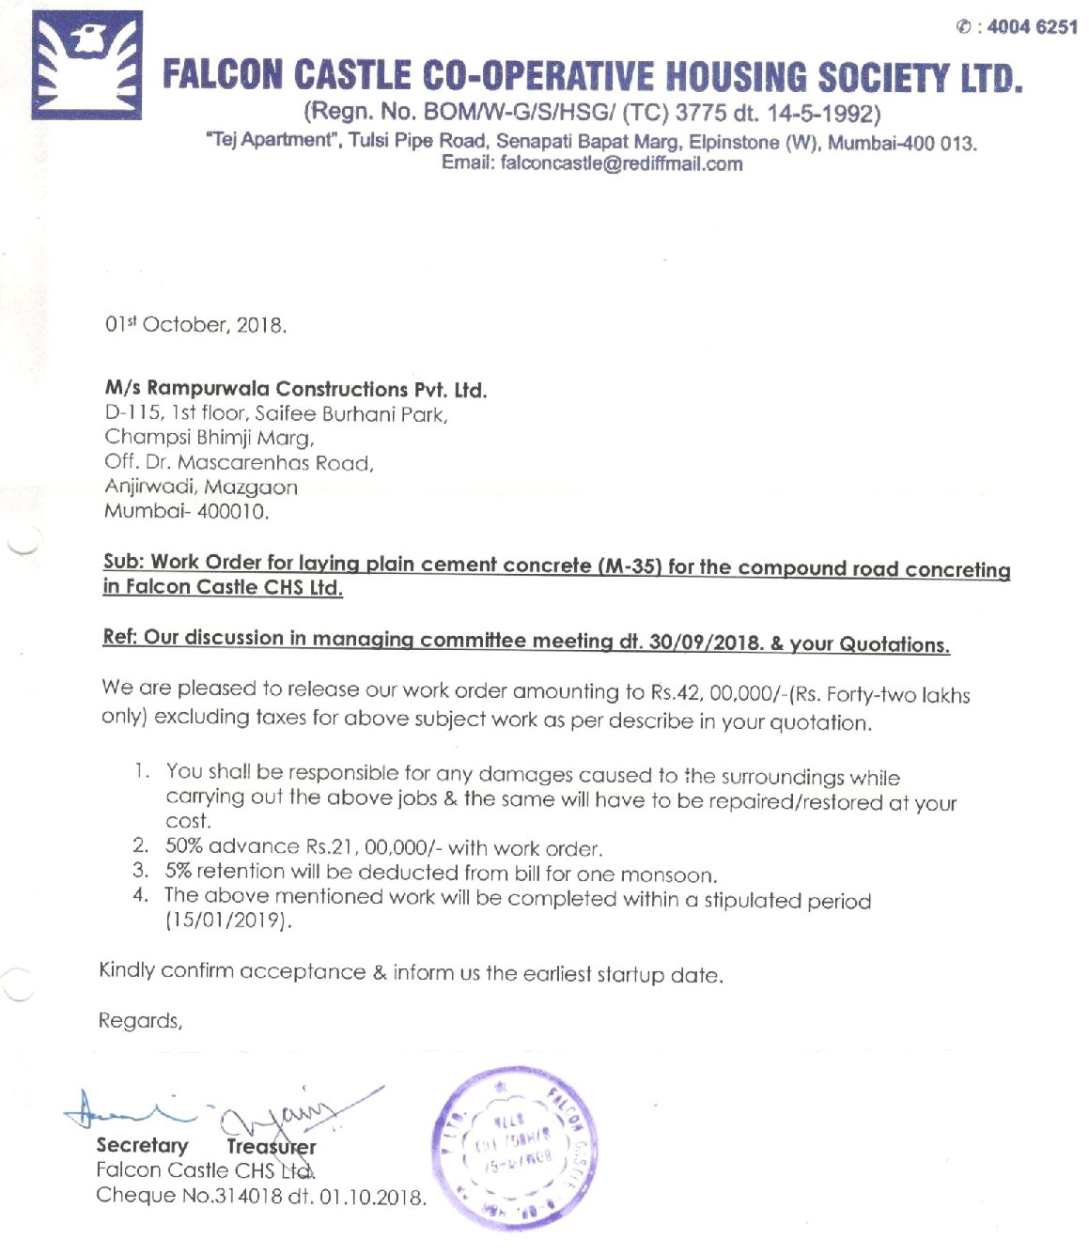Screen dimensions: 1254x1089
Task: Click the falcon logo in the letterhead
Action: pyautogui.click(x=86, y=65)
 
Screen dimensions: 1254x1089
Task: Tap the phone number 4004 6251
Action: pyautogui.click(x=1032, y=27)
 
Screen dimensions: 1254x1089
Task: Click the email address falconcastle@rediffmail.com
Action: pyautogui.click(x=621, y=164)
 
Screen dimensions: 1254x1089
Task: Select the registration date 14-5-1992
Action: pyautogui.click(x=823, y=115)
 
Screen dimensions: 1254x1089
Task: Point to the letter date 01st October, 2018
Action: pyautogui.click(x=195, y=325)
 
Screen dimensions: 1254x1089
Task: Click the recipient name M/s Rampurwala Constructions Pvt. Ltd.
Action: pyautogui.click(x=295, y=389)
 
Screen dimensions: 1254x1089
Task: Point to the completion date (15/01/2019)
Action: pyautogui.click(x=229, y=921)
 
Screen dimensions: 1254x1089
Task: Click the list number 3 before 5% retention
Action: pyautogui.click(x=140, y=871)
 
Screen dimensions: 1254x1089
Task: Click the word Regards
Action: pyautogui.click(x=140, y=1021)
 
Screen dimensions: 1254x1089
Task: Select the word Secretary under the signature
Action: pyautogui.click(x=142, y=1146)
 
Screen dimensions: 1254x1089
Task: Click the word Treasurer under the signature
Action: pyautogui.click(x=271, y=1147)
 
